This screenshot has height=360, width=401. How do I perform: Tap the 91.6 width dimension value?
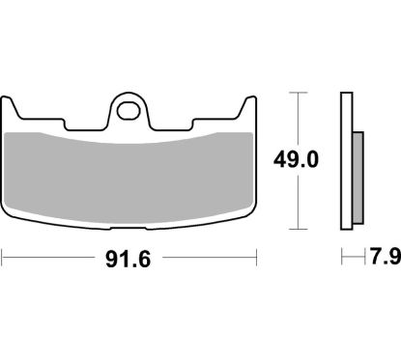[x=132, y=259]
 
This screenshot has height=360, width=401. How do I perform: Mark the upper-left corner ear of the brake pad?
[x=12, y=100]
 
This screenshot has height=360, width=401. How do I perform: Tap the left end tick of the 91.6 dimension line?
[x=4, y=259]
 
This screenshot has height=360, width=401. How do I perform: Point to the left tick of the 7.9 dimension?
[x=342, y=259]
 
